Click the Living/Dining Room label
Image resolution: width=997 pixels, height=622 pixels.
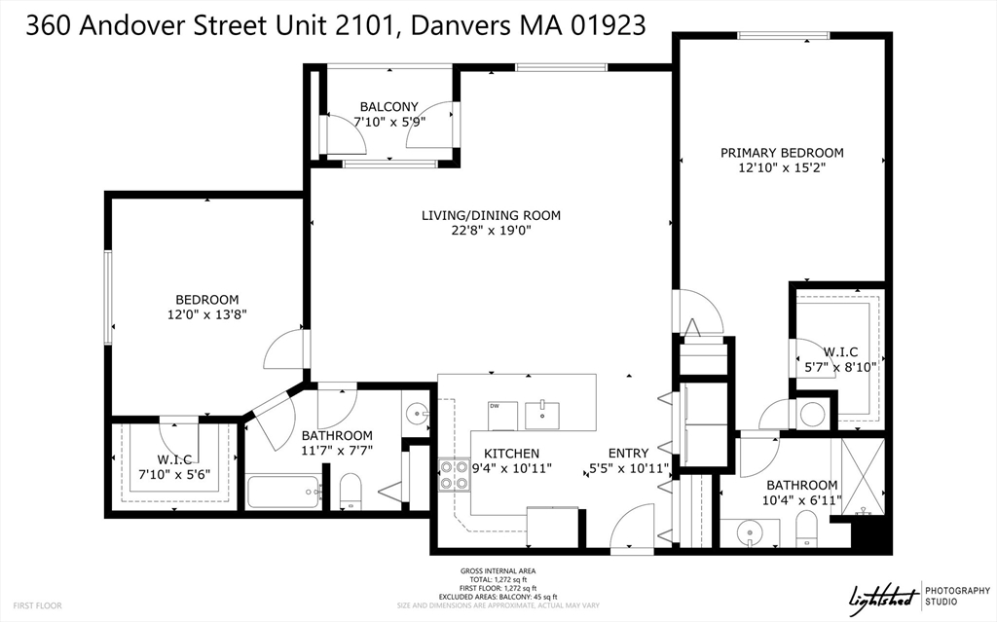point(491,215)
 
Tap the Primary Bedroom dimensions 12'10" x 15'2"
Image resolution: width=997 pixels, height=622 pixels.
point(782,167)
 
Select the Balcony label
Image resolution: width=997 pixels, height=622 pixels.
point(389,107)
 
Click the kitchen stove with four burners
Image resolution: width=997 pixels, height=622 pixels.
point(455,475)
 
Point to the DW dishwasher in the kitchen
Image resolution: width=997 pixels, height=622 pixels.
point(503,416)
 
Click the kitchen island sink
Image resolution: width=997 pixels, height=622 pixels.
point(542,416)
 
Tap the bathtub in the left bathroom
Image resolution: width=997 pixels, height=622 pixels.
point(283,492)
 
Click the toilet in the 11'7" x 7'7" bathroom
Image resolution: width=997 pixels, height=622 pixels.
point(351,492)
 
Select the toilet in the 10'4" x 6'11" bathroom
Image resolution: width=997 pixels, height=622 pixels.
point(807,529)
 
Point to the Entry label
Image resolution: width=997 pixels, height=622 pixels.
point(628,453)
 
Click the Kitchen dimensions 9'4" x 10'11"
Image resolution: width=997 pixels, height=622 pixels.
point(512,469)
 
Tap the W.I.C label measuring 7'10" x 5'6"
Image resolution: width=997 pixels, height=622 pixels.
point(174,459)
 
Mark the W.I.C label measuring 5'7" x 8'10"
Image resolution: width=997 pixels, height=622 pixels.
point(840,352)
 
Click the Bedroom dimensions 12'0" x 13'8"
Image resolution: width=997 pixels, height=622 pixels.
point(207,314)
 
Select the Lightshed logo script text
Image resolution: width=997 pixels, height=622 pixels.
point(884,597)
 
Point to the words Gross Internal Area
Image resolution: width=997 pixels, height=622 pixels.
point(498,571)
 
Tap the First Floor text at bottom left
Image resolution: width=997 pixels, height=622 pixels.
point(38,605)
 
